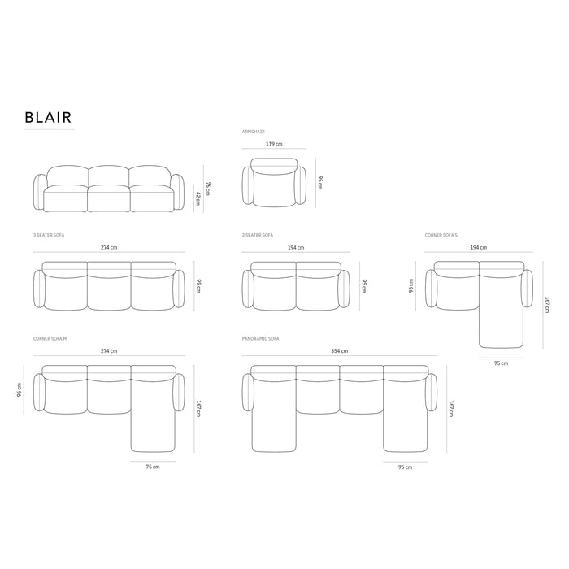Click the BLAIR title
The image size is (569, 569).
(48, 117)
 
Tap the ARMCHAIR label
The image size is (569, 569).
(254, 132)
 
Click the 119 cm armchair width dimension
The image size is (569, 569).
(274, 144)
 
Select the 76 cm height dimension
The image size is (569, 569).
(207, 189)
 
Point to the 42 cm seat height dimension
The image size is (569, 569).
(198, 198)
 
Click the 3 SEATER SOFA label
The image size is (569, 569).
(49, 235)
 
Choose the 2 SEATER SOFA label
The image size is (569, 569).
(258, 235)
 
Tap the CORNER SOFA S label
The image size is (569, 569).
(441, 235)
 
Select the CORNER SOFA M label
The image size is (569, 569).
(50, 339)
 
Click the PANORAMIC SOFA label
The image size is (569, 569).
(261, 339)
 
